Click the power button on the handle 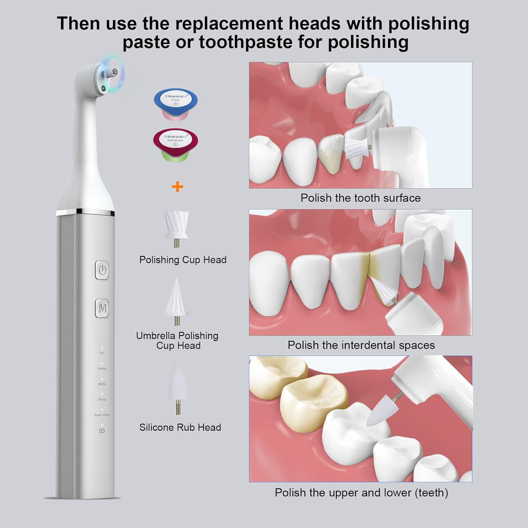point(102,270)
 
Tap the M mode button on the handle point(102,308)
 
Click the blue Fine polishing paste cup point(176,103)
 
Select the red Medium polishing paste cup point(175,144)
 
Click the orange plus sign point(177,187)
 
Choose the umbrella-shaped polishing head point(177,299)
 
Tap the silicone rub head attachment point(178,387)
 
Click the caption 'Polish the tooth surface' point(360,198)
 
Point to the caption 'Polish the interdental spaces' point(361,345)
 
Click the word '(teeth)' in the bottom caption point(431,492)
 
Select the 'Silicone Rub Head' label point(180,427)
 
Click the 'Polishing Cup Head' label point(183,260)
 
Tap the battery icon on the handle point(102,430)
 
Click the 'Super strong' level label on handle point(102,415)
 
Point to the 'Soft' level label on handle point(102,353)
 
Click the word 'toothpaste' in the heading point(245,42)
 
